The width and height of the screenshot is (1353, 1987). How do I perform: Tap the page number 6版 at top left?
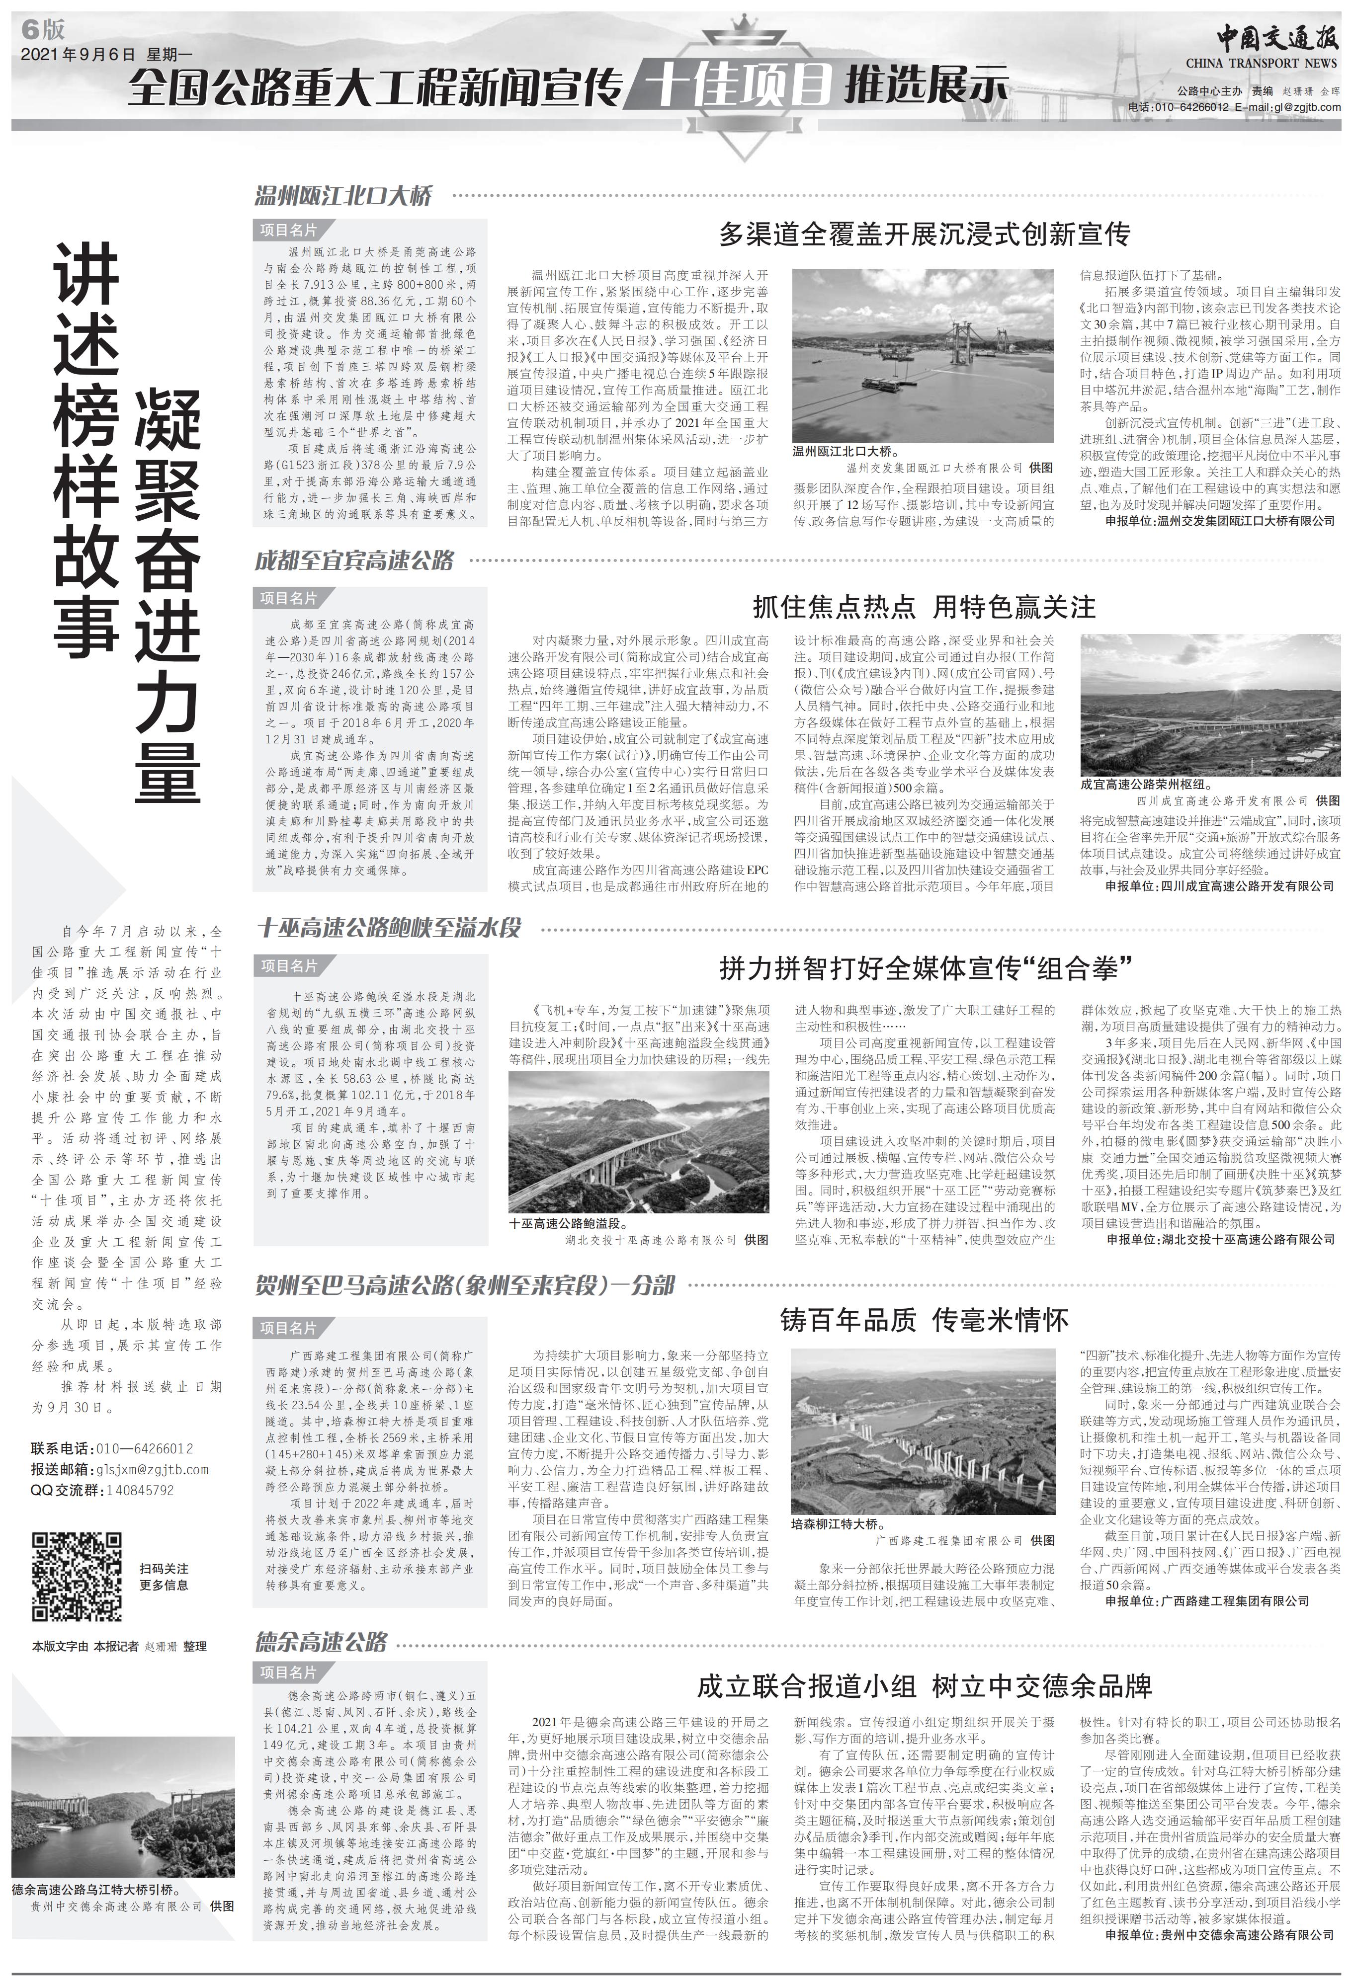45,30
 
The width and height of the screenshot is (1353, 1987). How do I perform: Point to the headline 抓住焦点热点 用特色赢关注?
924,607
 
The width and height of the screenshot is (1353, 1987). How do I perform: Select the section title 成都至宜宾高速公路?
354,561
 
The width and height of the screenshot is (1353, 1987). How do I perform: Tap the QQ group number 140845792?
139,1490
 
